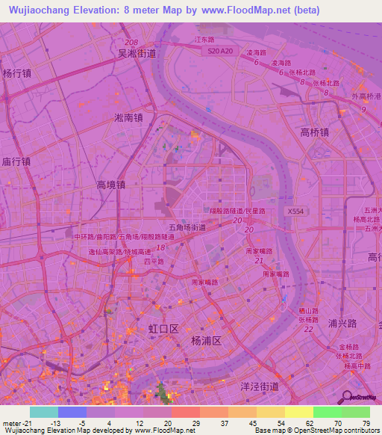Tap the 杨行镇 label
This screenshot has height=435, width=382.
tap(16, 73)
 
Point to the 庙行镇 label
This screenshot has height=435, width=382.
tap(16, 161)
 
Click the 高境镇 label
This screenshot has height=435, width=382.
tap(110, 184)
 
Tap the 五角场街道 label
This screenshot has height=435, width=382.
tap(187, 226)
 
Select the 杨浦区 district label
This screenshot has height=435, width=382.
tap(207, 340)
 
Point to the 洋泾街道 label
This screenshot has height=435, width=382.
tap(259, 386)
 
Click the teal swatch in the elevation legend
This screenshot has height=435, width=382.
tap(43, 412)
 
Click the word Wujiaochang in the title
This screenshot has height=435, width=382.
tap(37, 10)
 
